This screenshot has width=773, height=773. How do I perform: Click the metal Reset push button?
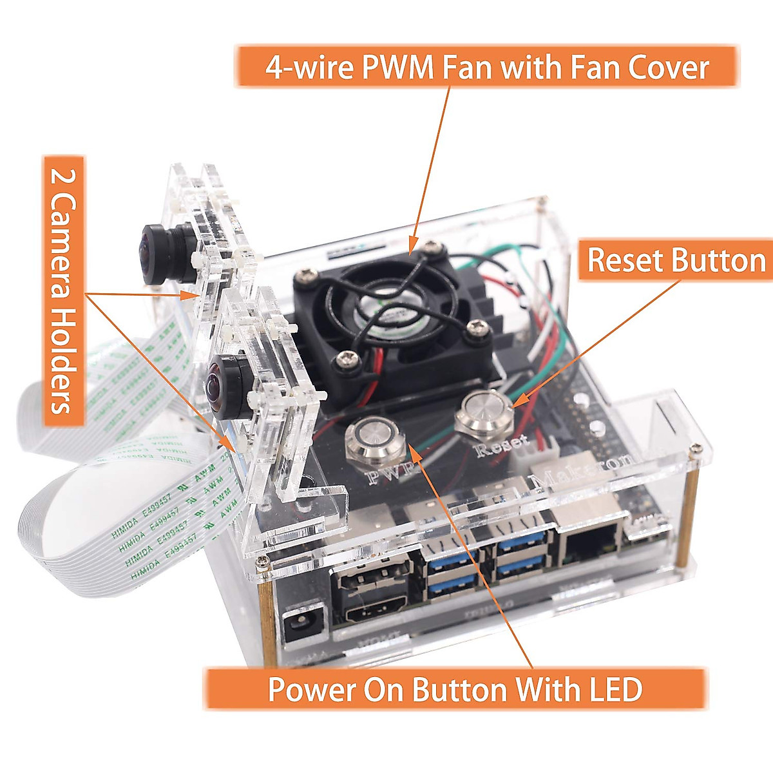483,412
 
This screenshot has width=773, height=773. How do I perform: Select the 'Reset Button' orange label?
676,261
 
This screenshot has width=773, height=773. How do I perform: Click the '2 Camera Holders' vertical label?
64,291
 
